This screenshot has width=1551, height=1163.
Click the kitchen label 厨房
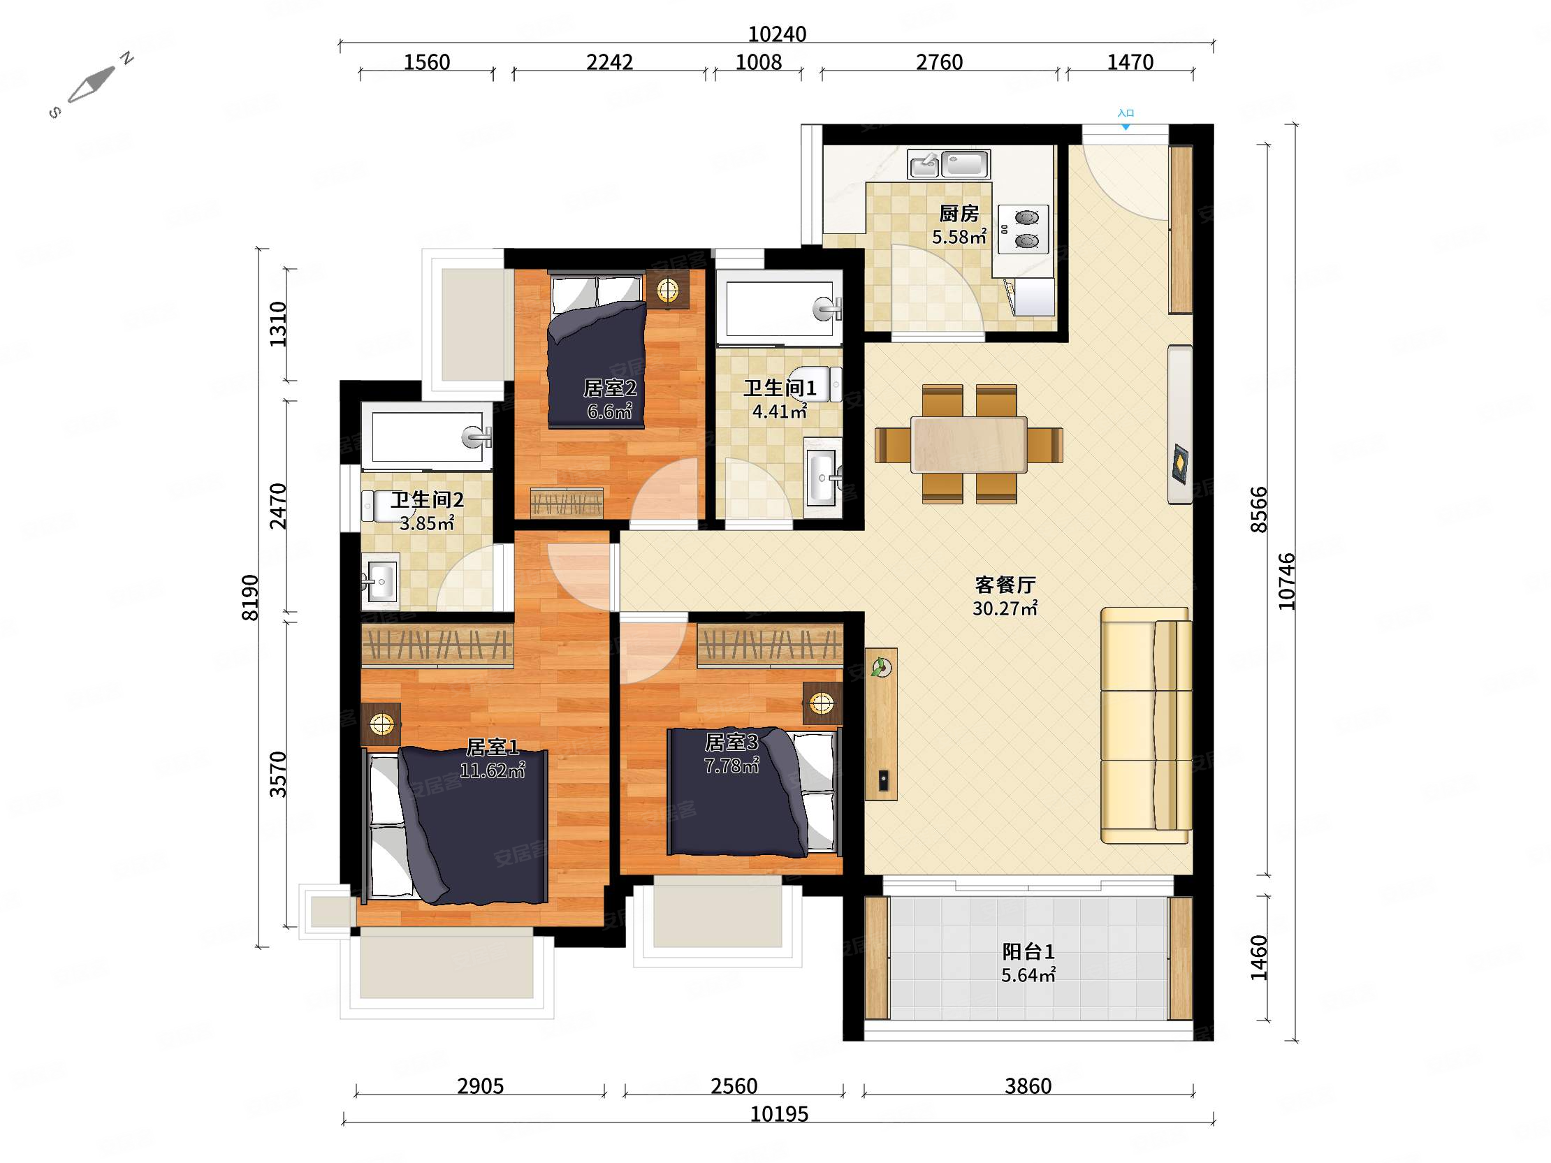tap(959, 213)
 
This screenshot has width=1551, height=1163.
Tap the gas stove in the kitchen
tap(1023, 229)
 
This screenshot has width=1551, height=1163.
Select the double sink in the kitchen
tap(949, 164)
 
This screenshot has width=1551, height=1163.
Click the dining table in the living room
tap(969, 444)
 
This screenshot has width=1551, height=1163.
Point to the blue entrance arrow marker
tap(1126, 127)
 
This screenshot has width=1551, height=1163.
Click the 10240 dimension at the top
tap(777, 34)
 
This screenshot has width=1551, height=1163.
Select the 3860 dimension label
tap(1028, 1086)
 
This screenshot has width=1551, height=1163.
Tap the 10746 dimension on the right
tap(1286, 581)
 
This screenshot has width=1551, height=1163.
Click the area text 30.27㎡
tap(1005, 608)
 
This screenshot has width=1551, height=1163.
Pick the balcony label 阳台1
tap(1028, 951)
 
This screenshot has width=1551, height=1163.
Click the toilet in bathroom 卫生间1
tap(817, 383)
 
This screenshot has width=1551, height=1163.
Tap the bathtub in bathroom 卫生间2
tap(427, 436)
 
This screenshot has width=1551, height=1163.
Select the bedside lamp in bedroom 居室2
tap(667, 288)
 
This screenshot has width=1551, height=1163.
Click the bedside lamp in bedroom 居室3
tap(822, 703)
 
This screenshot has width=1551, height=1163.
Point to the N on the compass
tap(127, 58)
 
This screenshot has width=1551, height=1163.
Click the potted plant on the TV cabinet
tap(881, 666)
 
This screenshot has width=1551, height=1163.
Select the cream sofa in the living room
tap(1146, 725)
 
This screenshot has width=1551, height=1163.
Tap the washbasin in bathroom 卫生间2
tap(380, 581)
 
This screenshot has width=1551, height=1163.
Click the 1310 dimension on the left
tap(278, 323)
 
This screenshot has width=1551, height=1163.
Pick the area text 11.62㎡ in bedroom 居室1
tap(492, 770)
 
